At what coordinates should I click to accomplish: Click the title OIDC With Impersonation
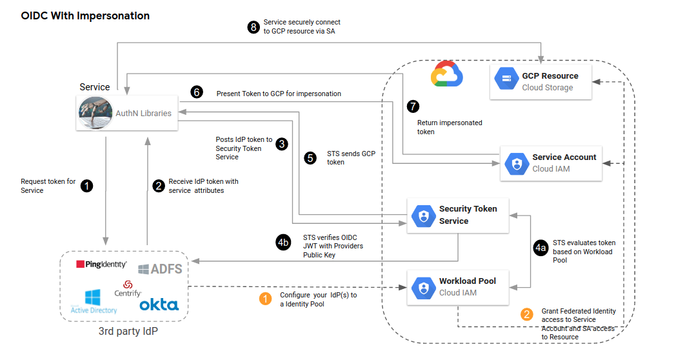[85, 16]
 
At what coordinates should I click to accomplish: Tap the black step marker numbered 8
[253, 27]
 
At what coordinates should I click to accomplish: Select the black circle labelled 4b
[283, 243]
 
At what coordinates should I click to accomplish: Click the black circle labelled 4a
[540, 248]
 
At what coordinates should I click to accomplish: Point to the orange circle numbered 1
[265, 299]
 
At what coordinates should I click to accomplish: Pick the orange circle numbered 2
[526, 314]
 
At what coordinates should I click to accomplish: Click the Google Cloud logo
[446, 74]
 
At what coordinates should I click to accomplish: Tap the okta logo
[159, 305]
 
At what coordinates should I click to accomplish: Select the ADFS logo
[161, 269]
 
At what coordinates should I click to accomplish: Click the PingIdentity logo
[101, 264]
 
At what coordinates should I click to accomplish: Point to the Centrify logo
[128, 289]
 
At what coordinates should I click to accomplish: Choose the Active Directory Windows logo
[94, 301]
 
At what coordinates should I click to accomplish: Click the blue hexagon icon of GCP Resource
[506, 79]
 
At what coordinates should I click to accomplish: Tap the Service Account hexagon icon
[517, 164]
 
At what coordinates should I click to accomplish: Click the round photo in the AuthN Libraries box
[95, 113]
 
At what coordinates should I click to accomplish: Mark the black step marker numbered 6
[197, 92]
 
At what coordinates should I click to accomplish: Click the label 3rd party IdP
[128, 331]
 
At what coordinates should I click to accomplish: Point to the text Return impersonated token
[450, 127]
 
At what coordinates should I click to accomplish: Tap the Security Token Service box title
[468, 215]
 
